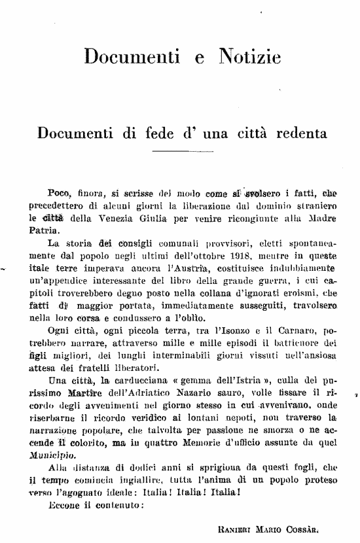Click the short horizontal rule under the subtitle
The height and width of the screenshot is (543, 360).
point(179,152)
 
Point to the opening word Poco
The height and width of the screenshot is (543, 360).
point(60,193)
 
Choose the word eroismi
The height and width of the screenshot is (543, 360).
point(300,293)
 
